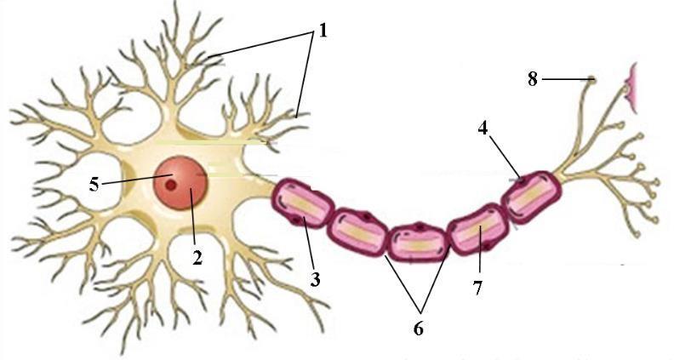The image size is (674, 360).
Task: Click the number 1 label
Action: (x=323, y=31)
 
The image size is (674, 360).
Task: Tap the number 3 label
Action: (x=315, y=277)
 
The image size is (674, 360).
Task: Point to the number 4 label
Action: (x=483, y=130)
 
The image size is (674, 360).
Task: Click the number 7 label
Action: (x=478, y=288)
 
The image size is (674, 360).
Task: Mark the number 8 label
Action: (x=533, y=80)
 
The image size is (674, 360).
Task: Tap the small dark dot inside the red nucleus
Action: (x=171, y=183)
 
